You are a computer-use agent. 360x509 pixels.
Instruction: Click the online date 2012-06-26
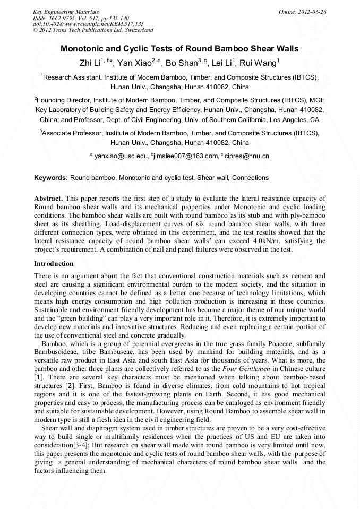click(x=312, y=11)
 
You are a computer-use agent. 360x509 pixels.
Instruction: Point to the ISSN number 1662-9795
click(x=57, y=18)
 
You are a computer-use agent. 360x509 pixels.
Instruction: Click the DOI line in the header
click(x=88, y=24)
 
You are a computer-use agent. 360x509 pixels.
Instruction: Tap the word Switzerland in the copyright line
click(x=137, y=30)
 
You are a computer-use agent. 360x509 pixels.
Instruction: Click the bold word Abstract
click(x=49, y=198)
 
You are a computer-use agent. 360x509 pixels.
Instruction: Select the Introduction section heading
click(x=54, y=264)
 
